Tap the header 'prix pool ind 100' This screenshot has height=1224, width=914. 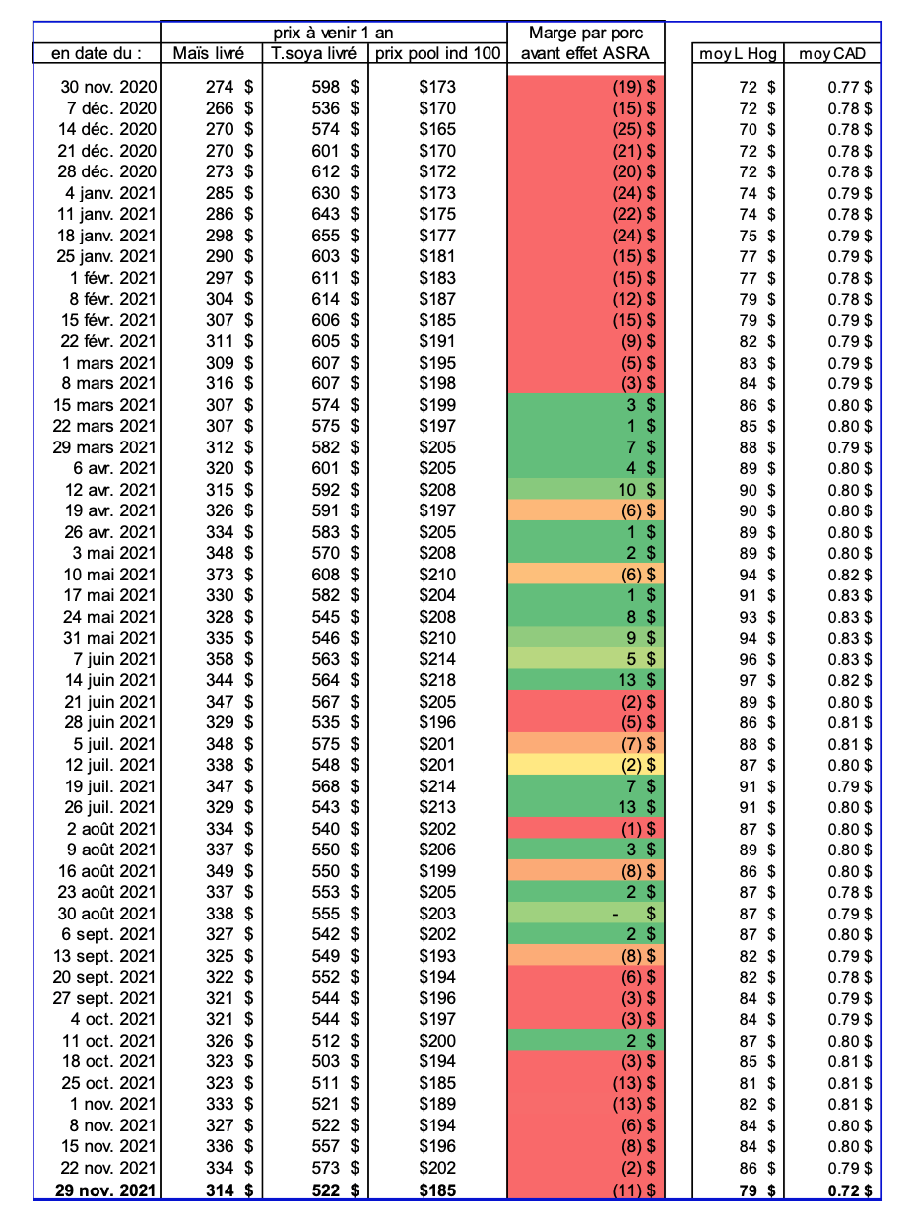click(437, 53)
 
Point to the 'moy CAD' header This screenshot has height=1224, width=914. click(832, 53)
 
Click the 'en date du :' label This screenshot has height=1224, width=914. click(96, 53)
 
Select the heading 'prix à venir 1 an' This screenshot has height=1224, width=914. click(333, 33)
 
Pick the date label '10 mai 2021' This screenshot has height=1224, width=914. click(110, 575)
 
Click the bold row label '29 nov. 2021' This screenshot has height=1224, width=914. click(103, 1190)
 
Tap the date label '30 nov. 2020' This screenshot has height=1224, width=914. click(107, 87)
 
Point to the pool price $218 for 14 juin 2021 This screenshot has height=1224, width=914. click(437, 680)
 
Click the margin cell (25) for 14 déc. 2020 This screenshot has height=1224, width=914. click(586, 129)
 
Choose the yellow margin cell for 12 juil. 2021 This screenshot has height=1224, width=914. click(586, 765)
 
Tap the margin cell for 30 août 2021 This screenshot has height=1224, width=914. click(586, 914)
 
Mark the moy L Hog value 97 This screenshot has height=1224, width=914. click(749, 680)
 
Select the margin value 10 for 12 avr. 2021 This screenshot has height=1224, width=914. click(586, 490)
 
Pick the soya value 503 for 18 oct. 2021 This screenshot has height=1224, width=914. click(324, 1061)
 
